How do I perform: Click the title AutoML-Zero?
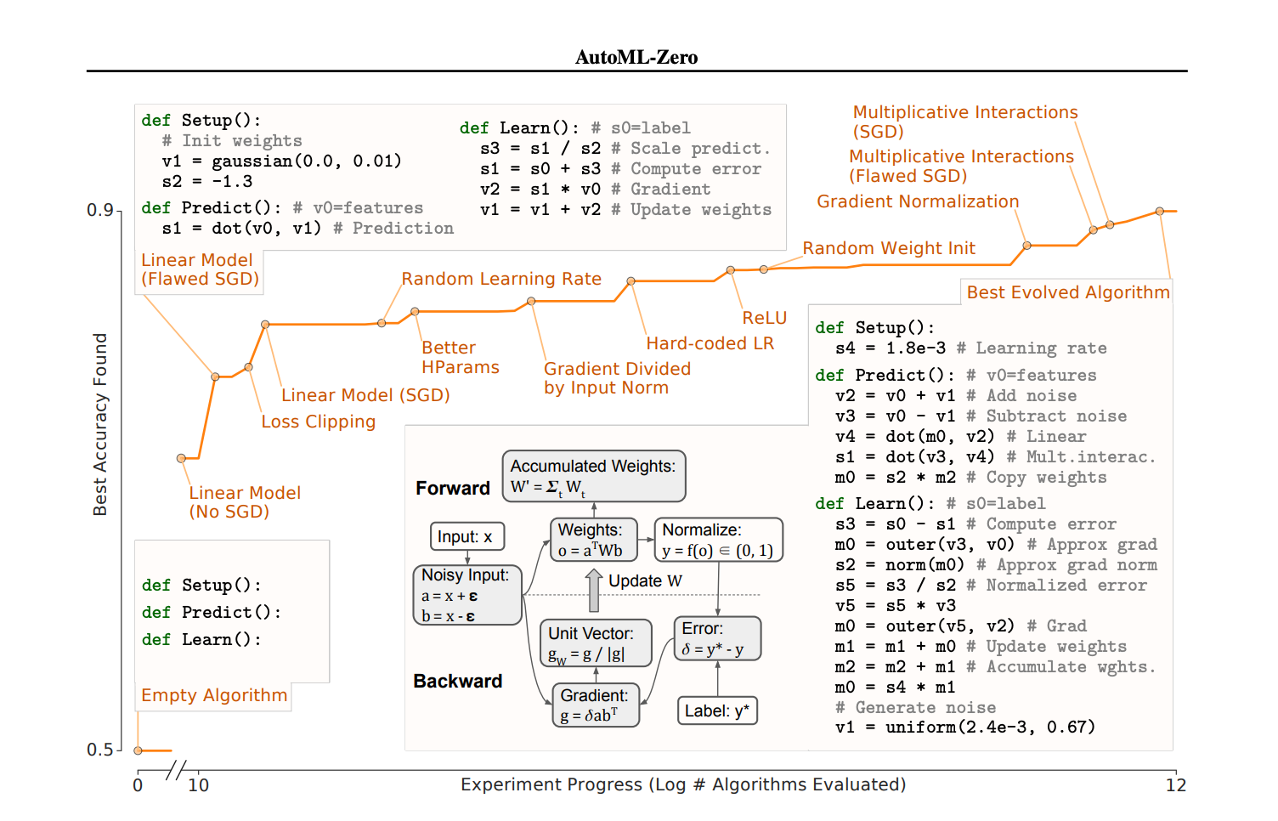point(636,57)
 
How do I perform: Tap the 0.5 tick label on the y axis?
point(99,750)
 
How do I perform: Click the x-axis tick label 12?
point(1175,785)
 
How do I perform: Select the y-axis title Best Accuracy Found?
point(100,424)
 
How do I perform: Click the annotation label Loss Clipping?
point(318,422)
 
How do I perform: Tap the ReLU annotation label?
point(764,318)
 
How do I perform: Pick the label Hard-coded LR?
point(710,343)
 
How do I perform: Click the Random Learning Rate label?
point(501,279)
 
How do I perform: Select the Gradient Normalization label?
point(918,201)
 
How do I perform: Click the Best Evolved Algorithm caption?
point(1067,292)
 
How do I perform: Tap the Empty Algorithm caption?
point(214,695)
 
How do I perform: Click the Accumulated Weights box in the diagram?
point(593,476)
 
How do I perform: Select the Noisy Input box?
point(466,595)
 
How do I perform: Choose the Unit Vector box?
point(595,643)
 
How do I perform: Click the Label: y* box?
point(717,711)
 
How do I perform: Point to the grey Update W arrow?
point(594,590)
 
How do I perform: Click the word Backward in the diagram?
point(457,681)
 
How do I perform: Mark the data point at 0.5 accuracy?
point(139,750)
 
